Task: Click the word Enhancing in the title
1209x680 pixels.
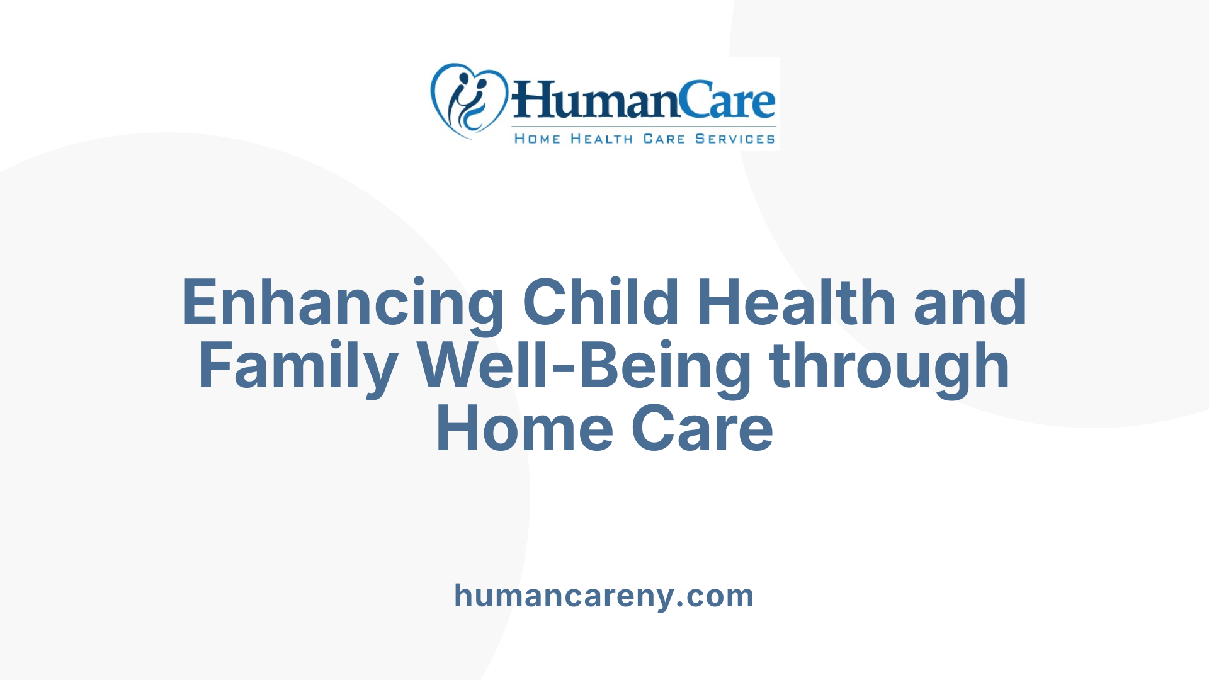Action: coord(343,303)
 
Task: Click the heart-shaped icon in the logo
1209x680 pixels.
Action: coord(468,99)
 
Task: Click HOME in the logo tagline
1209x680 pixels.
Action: coord(537,139)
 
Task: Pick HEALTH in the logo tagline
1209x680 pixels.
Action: coord(601,139)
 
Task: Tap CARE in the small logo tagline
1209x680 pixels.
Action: coord(664,139)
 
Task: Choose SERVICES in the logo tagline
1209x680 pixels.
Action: coord(735,139)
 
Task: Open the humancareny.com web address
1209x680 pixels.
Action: coord(604,596)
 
